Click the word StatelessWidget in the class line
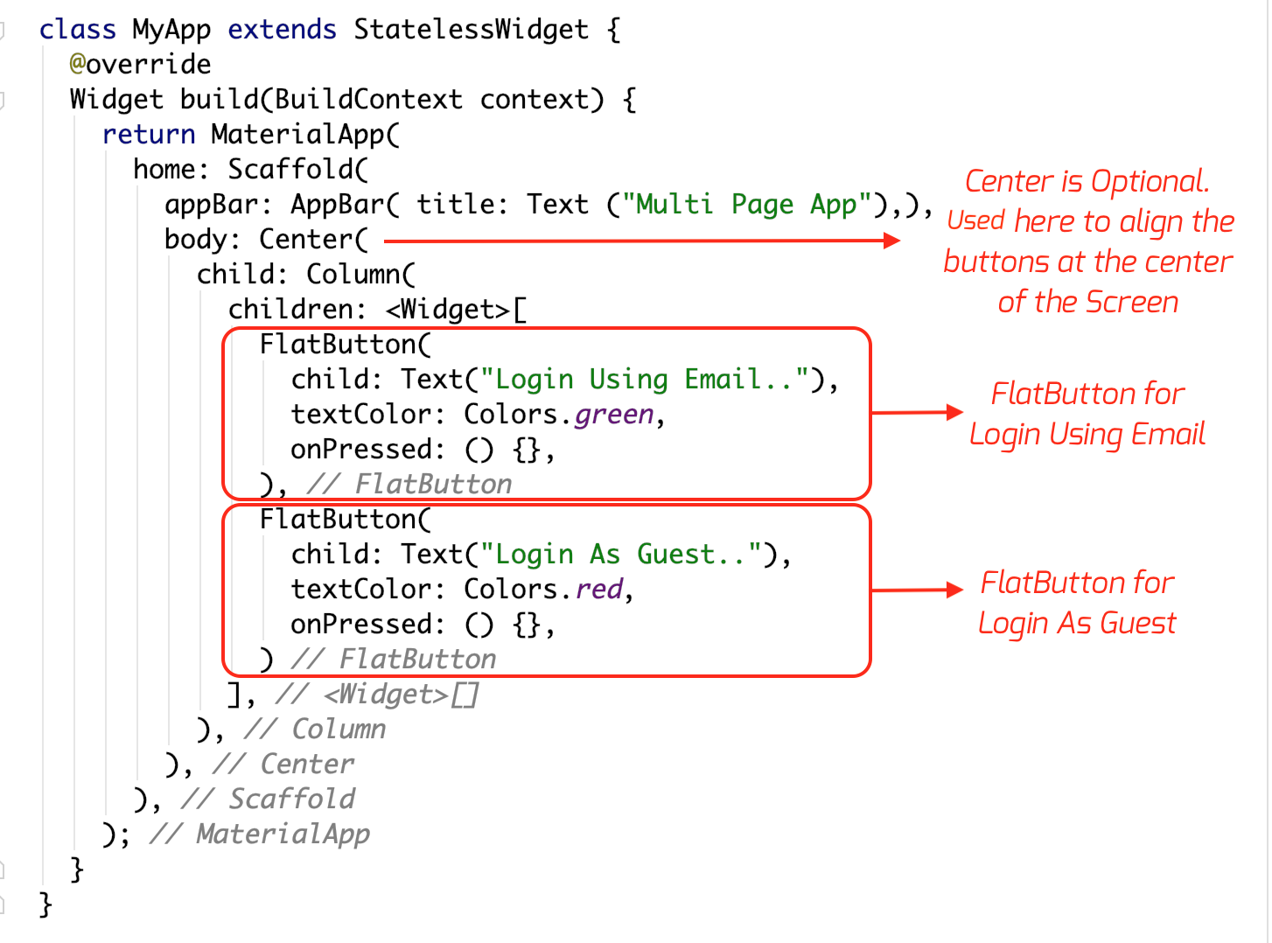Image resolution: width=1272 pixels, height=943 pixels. pos(471,30)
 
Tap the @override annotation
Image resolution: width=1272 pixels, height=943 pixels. pos(140,65)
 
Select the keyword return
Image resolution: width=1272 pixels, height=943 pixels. pos(149,135)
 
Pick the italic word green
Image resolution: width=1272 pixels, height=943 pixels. pos(614,415)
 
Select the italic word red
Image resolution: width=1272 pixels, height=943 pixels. pos(599,590)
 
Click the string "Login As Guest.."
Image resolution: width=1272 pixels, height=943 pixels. pos(627,555)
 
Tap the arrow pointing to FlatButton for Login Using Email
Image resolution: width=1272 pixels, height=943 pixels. pos(917,412)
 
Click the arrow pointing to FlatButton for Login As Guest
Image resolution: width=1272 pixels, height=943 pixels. pos(917,590)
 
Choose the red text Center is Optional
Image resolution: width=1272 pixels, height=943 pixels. pos(1087,182)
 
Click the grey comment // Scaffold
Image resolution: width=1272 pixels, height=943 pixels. pos(268,800)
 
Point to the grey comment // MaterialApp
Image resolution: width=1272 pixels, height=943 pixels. pos(260,835)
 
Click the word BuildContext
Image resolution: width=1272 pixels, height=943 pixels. pos(368,100)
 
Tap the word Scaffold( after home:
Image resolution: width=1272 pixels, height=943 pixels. pos(298,170)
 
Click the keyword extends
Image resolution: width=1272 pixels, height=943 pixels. pos(282,30)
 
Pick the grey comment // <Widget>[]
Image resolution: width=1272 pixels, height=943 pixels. pos(377,695)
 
